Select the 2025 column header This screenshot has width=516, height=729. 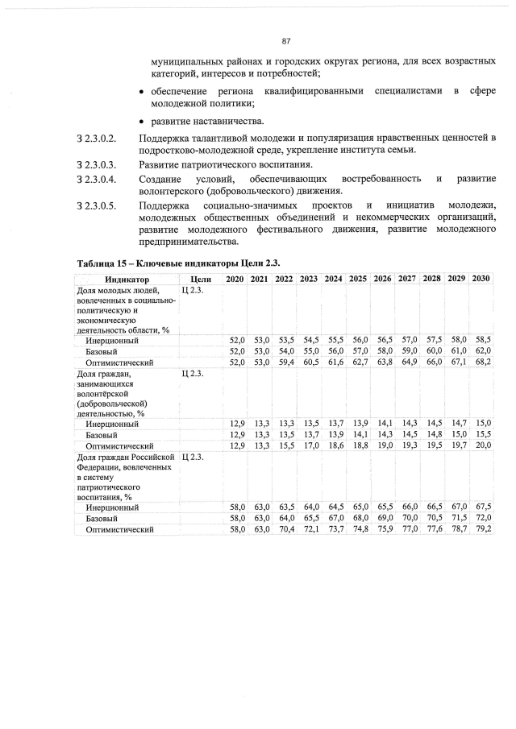tap(359, 279)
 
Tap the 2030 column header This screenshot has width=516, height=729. tap(481, 279)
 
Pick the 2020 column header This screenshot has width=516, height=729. tap(235, 279)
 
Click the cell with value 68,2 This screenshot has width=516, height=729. tap(482, 362)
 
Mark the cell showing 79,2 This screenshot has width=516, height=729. tap(482, 529)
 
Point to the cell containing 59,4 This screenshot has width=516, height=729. tap(285, 362)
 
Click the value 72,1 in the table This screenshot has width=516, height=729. tap(310, 529)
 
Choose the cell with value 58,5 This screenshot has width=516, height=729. tap(482, 341)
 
